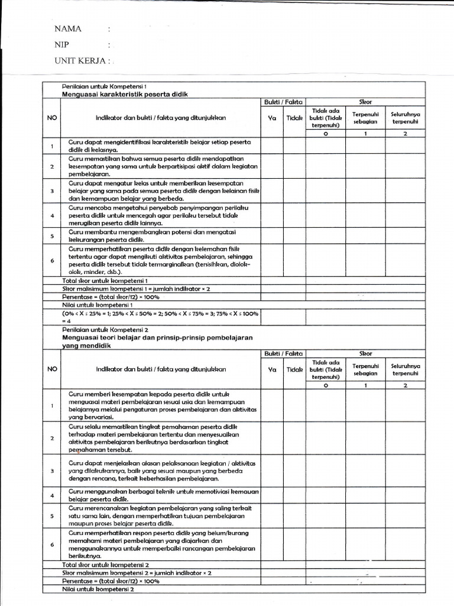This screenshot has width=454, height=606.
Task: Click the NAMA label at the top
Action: (68, 29)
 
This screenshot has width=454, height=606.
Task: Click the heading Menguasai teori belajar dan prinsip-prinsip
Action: (157, 337)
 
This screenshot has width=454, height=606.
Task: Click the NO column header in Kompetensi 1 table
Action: (51, 118)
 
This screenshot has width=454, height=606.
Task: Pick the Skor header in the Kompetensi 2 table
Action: (366, 353)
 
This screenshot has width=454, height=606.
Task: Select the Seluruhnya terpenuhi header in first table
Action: (405, 118)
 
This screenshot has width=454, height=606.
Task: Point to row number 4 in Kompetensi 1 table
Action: (51, 215)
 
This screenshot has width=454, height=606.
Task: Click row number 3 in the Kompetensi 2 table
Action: (51, 470)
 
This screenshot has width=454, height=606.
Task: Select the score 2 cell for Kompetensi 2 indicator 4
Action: (405, 495)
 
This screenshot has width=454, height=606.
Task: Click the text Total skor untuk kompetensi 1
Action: (105, 280)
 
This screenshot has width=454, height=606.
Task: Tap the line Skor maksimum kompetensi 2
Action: (137, 573)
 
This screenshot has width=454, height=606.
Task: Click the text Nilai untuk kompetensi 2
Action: (99, 589)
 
